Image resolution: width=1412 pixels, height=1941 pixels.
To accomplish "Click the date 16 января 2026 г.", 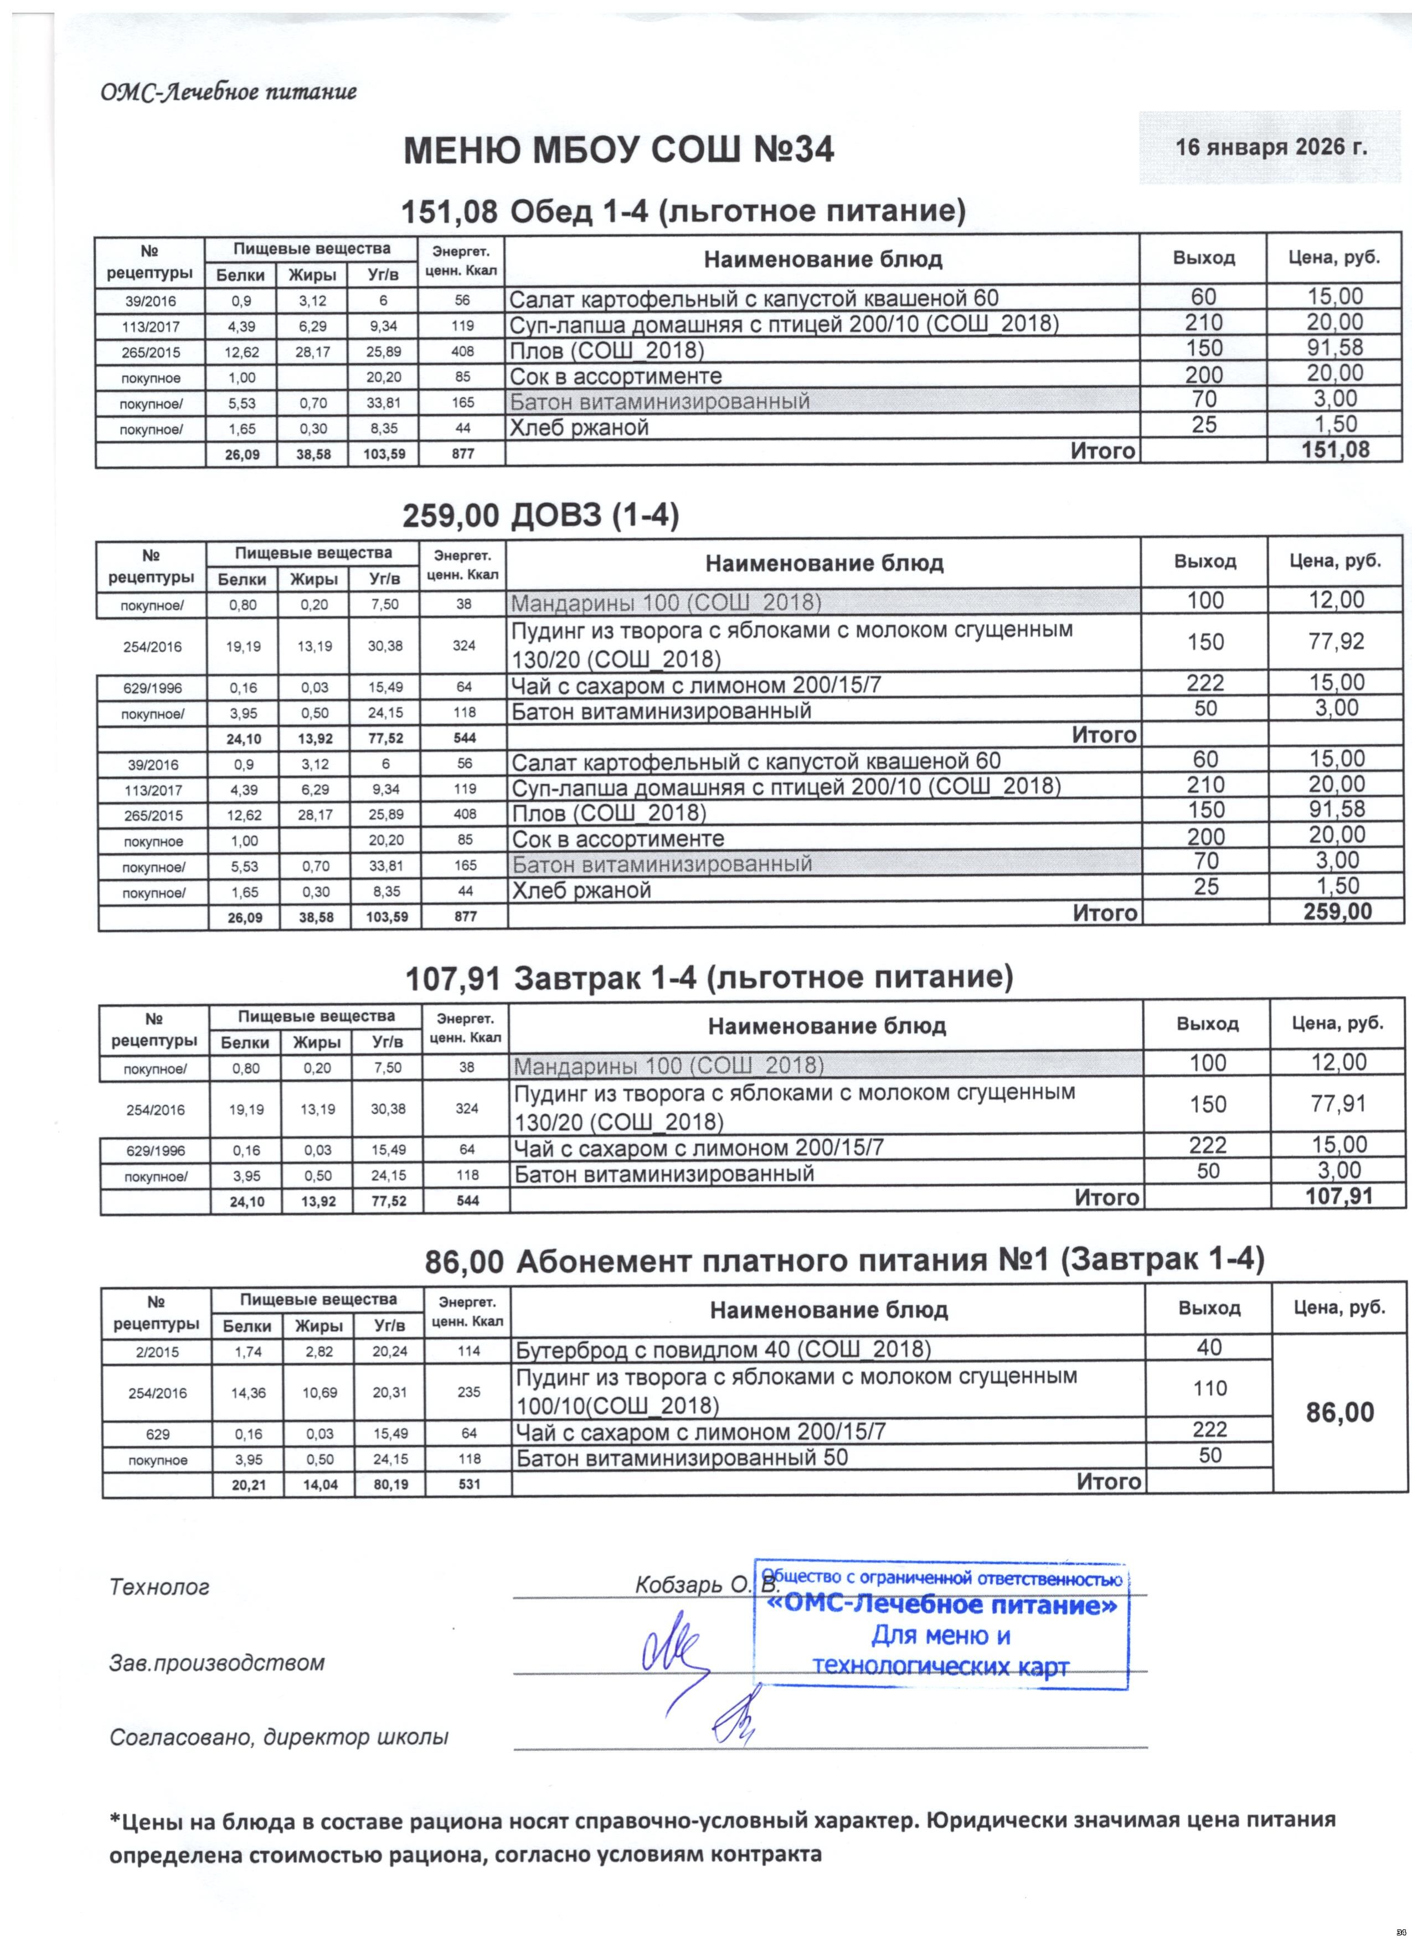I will click(1271, 147).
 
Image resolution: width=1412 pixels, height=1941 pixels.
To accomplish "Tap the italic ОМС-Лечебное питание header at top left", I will click(229, 92).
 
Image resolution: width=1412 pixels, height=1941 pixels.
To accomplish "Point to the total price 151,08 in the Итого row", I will click(1335, 450).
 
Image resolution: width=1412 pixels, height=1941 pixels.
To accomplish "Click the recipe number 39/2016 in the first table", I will click(150, 301).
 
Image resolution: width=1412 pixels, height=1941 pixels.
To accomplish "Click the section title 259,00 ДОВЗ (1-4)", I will click(540, 516).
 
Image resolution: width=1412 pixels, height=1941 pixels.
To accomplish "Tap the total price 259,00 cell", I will click(1337, 912).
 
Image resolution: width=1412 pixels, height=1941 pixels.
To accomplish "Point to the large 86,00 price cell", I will click(1340, 1412).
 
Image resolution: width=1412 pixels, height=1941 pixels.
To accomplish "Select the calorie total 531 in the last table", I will click(468, 1484).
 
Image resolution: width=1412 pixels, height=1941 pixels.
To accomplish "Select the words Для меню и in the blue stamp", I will click(940, 1636).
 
